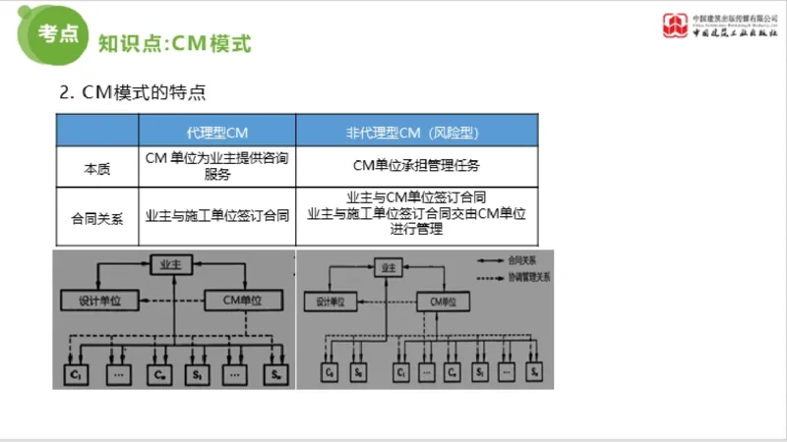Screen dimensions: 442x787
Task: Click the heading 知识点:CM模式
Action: [x=175, y=44]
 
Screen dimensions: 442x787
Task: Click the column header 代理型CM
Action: [x=216, y=132]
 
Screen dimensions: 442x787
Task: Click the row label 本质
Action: [x=96, y=168]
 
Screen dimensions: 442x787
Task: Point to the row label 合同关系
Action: [x=96, y=217]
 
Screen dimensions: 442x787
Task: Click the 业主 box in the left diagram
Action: [x=172, y=263]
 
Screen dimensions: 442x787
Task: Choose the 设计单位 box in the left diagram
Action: [x=91, y=300]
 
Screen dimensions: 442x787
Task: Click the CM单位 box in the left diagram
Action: [x=244, y=300]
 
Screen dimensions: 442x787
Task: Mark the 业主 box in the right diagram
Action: [x=389, y=266]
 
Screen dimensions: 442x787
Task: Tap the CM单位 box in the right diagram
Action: [x=445, y=302]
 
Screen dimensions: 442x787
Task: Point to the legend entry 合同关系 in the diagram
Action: [x=522, y=260]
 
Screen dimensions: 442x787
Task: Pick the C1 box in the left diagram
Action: [x=75, y=374]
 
